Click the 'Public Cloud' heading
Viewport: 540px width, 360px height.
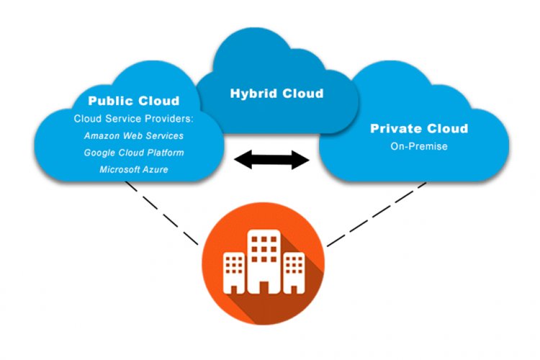coord(133,100)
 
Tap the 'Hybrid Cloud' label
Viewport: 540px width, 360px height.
coord(276,94)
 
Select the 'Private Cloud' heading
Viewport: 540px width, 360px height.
coord(418,129)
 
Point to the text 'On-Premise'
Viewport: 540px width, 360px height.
coord(418,146)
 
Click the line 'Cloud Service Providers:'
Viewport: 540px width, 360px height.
coord(133,117)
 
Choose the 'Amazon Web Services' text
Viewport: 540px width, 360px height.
coord(133,135)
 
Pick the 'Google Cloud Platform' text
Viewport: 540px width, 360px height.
coord(133,153)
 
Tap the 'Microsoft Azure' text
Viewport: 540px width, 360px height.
coord(133,170)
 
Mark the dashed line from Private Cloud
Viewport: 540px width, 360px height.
coord(374,214)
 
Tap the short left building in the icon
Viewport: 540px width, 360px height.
coord(234,272)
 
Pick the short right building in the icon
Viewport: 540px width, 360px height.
coord(293,272)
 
